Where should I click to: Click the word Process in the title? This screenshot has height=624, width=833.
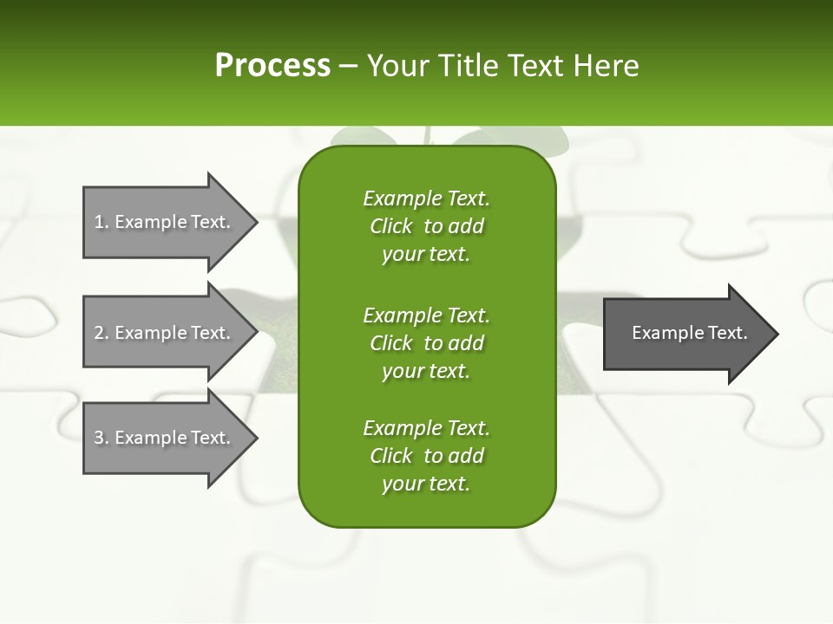pyautogui.click(x=272, y=66)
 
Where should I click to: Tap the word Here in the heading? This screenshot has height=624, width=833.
pyautogui.click(x=606, y=66)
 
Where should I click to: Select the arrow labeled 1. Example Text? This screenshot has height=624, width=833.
pyautogui.click(x=165, y=222)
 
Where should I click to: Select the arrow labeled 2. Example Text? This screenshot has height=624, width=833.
pyautogui.click(x=165, y=333)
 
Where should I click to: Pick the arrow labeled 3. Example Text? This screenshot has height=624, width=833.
pyautogui.click(x=165, y=438)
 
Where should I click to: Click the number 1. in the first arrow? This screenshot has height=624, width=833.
pyautogui.click(x=102, y=222)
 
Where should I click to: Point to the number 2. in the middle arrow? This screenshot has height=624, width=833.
pyautogui.click(x=102, y=333)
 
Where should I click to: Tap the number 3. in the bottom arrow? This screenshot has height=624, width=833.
pyautogui.click(x=102, y=438)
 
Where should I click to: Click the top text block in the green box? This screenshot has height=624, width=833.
pyautogui.click(x=426, y=226)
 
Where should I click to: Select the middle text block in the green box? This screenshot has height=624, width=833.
pyautogui.click(x=426, y=343)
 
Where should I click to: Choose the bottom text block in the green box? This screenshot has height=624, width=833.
pyautogui.click(x=426, y=456)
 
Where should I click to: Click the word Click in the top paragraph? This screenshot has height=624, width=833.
pyautogui.click(x=391, y=226)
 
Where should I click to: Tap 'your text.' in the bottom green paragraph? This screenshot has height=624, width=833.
pyautogui.click(x=426, y=484)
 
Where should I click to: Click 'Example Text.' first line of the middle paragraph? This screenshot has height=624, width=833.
pyautogui.click(x=426, y=315)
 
